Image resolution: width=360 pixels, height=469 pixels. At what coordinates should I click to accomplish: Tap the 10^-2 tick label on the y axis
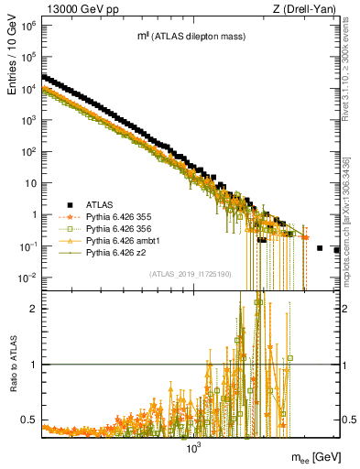tap(27, 277)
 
